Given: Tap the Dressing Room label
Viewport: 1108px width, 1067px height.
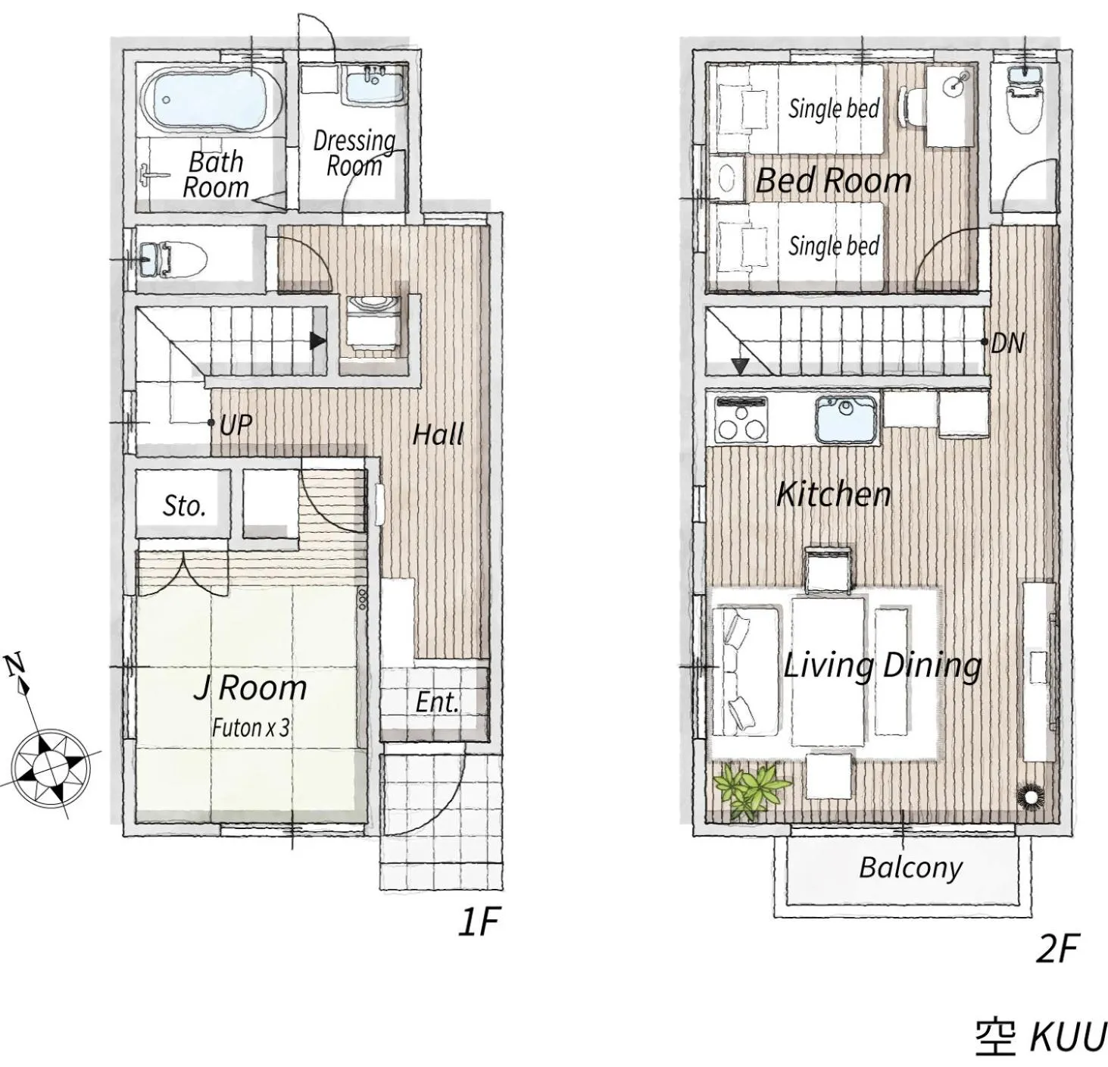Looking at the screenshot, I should coord(354,153).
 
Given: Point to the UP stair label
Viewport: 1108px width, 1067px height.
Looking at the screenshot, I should coord(235,425).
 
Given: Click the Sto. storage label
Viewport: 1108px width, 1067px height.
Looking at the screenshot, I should coord(184,505).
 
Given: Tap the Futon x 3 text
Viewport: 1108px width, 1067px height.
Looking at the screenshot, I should coord(250,728).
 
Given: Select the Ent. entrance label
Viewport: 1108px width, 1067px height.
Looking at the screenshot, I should coord(437,702).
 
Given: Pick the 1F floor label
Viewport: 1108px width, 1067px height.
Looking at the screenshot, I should coord(479,922).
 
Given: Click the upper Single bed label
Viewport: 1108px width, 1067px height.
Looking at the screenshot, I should coord(833,108).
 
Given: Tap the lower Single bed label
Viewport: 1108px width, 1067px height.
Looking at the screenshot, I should coord(833,246).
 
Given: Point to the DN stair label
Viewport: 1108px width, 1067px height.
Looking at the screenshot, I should coord(1007,343).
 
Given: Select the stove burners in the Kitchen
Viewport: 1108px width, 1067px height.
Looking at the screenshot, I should coord(741,421).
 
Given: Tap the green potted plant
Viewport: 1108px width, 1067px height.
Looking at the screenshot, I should coord(752,790).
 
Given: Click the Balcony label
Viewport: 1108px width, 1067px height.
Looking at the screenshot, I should coord(910,868).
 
